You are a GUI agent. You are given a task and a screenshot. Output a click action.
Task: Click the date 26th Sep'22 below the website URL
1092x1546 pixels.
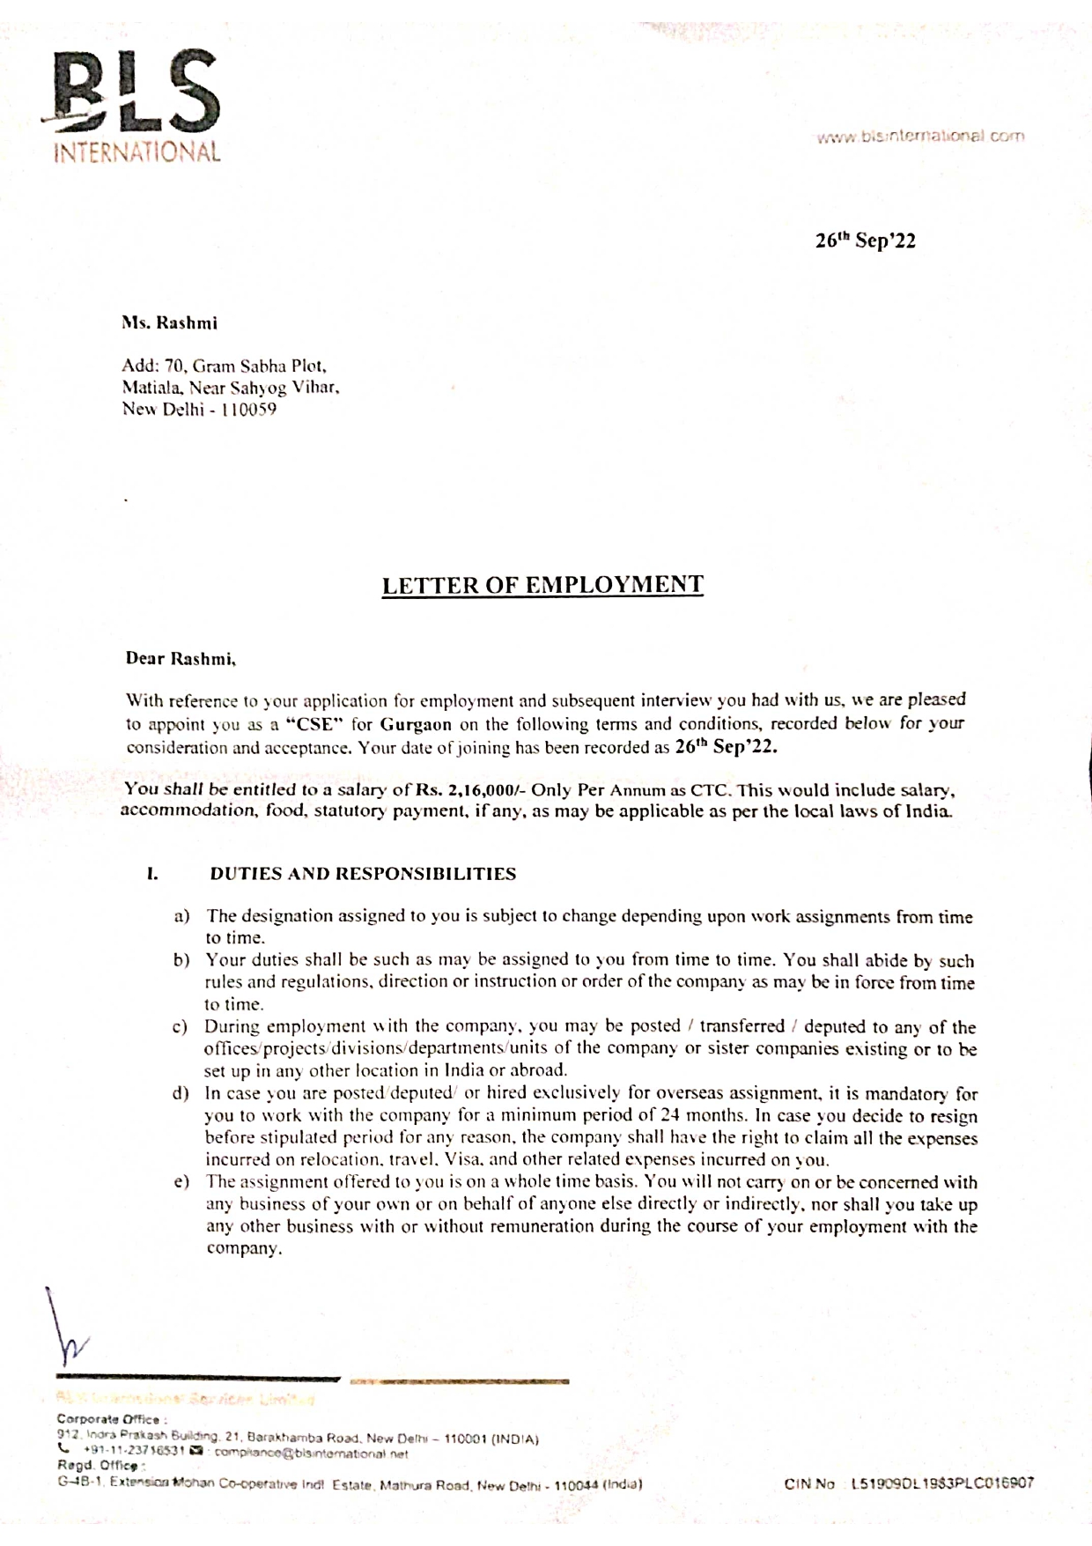click(865, 240)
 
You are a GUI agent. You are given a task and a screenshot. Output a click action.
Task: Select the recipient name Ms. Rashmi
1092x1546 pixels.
click(169, 323)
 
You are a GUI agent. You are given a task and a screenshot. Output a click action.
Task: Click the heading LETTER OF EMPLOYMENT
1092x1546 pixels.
click(542, 586)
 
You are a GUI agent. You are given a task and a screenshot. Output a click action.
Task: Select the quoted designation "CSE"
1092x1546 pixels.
click(314, 724)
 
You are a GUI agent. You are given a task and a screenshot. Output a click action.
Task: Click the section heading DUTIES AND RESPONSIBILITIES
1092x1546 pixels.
click(363, 875)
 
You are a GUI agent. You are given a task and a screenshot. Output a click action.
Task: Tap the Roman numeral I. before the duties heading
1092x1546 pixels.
click(152, 875)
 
